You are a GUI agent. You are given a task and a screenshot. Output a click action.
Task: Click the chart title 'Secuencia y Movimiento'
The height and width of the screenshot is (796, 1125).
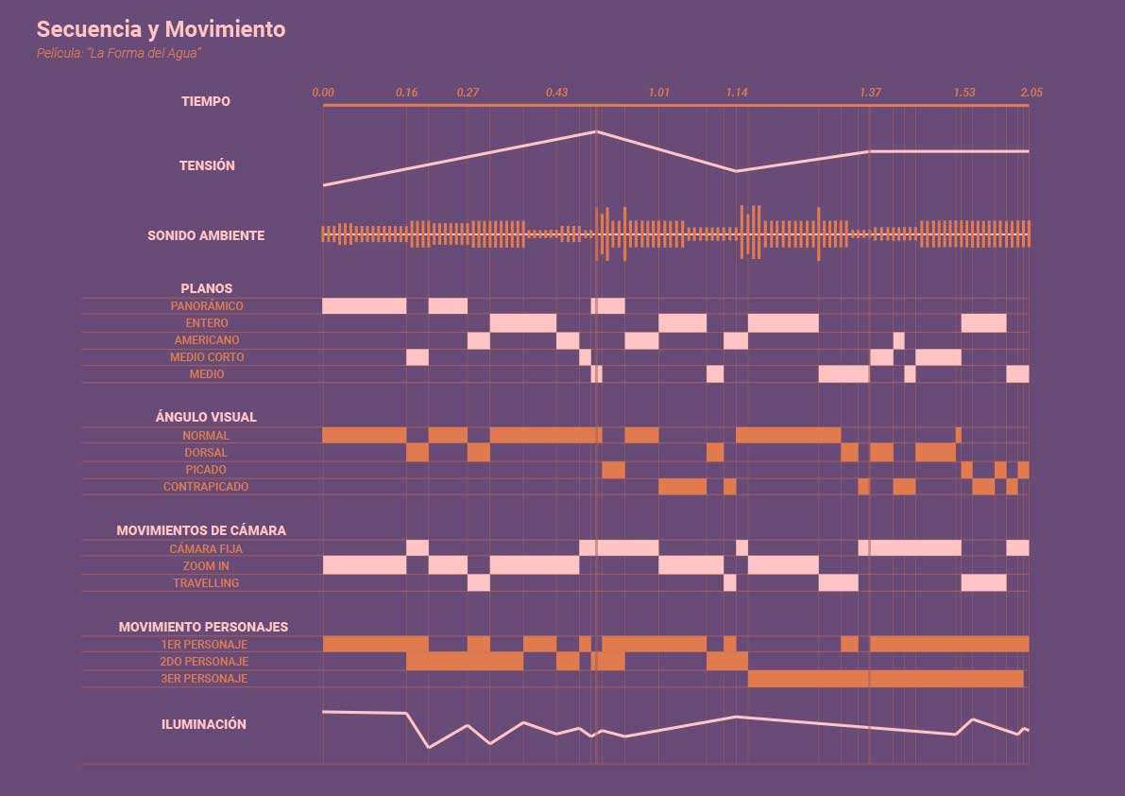[161, 29]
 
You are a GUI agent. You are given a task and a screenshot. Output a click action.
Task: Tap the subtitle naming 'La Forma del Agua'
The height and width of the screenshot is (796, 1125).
[119, 54]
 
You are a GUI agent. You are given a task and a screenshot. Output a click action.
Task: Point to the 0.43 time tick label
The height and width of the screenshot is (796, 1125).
[557, 93]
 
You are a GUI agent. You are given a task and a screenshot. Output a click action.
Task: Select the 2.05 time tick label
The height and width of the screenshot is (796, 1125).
[1031, 93]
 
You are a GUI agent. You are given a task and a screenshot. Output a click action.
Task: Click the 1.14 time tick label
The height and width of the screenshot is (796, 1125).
[737, 93]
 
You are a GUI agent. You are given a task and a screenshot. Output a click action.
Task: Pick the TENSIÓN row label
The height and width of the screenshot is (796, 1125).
[207, 165]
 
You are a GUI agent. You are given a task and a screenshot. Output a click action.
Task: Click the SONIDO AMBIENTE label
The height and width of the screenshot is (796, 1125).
[206, 235]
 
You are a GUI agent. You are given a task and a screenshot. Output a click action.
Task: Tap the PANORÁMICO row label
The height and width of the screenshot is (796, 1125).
[207, 306]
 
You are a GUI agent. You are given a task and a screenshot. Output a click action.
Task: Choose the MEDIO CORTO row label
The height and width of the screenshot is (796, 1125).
[207, 357]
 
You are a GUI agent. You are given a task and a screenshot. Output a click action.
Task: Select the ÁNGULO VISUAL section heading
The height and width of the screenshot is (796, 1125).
[206, 417]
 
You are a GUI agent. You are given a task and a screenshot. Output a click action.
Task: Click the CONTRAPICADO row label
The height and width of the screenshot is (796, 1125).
[206, 487]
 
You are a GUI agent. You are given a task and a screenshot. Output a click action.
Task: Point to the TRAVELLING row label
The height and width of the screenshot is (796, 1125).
[206, 583]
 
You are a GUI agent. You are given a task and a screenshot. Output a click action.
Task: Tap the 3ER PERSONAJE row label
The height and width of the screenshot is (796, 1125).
[204, 679]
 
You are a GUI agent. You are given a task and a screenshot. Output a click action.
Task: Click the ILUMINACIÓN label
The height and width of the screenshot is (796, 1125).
[204, 724]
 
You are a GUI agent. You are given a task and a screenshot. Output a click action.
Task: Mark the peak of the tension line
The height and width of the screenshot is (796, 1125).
[596, 131]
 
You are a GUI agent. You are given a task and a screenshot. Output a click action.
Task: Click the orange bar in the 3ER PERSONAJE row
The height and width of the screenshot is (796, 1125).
[885, 679]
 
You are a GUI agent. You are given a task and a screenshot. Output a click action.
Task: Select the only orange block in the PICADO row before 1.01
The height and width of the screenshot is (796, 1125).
[613, 470]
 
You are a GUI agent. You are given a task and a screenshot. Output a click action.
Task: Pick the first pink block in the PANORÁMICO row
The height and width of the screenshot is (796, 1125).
[364, 306]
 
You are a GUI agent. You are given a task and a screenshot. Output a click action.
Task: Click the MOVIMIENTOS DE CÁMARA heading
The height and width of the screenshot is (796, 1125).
[201, 531]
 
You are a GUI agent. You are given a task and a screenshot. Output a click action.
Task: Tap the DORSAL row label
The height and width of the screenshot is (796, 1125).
[206, 453]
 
